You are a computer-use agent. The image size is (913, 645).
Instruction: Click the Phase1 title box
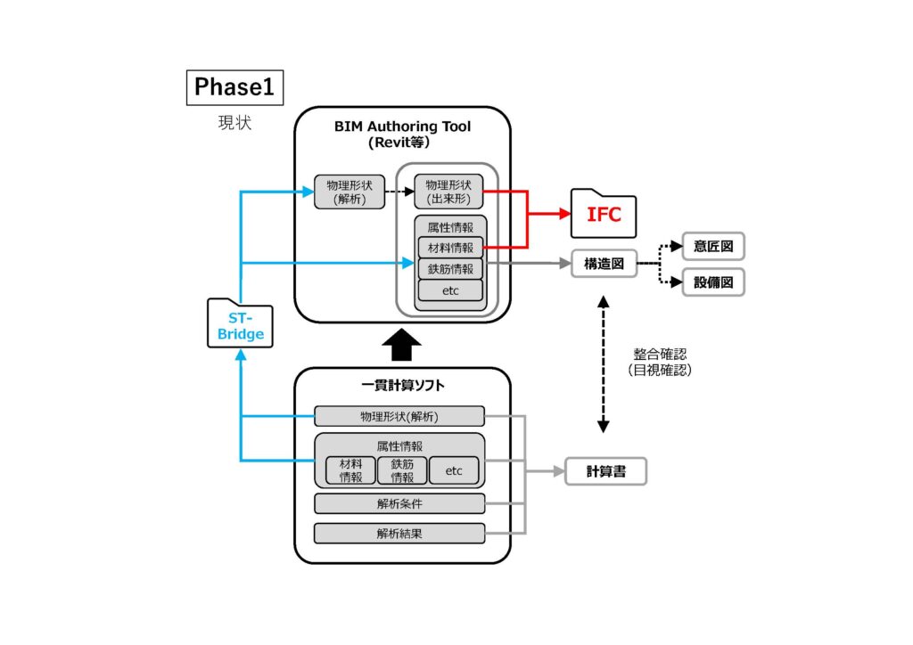click(234, 86)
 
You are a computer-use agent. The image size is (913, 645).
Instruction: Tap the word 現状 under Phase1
click(234, 123)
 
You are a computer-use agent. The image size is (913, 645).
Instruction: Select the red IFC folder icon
click(604, 214)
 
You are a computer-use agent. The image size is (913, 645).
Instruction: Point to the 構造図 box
click(603, 263)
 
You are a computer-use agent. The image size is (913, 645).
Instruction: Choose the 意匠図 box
click(712, 246)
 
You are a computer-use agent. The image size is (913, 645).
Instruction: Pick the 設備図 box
click(712, 282)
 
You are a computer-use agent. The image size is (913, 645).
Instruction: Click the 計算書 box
click(605, 471)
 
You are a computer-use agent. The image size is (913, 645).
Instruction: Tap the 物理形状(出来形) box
click(448, 192)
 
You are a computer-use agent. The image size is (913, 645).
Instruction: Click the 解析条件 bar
click(399, 503)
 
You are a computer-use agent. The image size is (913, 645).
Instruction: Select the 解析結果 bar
click(399, 534)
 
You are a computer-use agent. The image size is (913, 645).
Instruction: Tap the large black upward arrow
click(402, 344)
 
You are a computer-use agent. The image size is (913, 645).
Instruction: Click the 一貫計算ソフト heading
click(402, 386)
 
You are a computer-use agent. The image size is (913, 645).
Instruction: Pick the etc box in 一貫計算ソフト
click(454, 469)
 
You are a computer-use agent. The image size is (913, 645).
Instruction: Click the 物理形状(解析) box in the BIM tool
click(350, 192)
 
